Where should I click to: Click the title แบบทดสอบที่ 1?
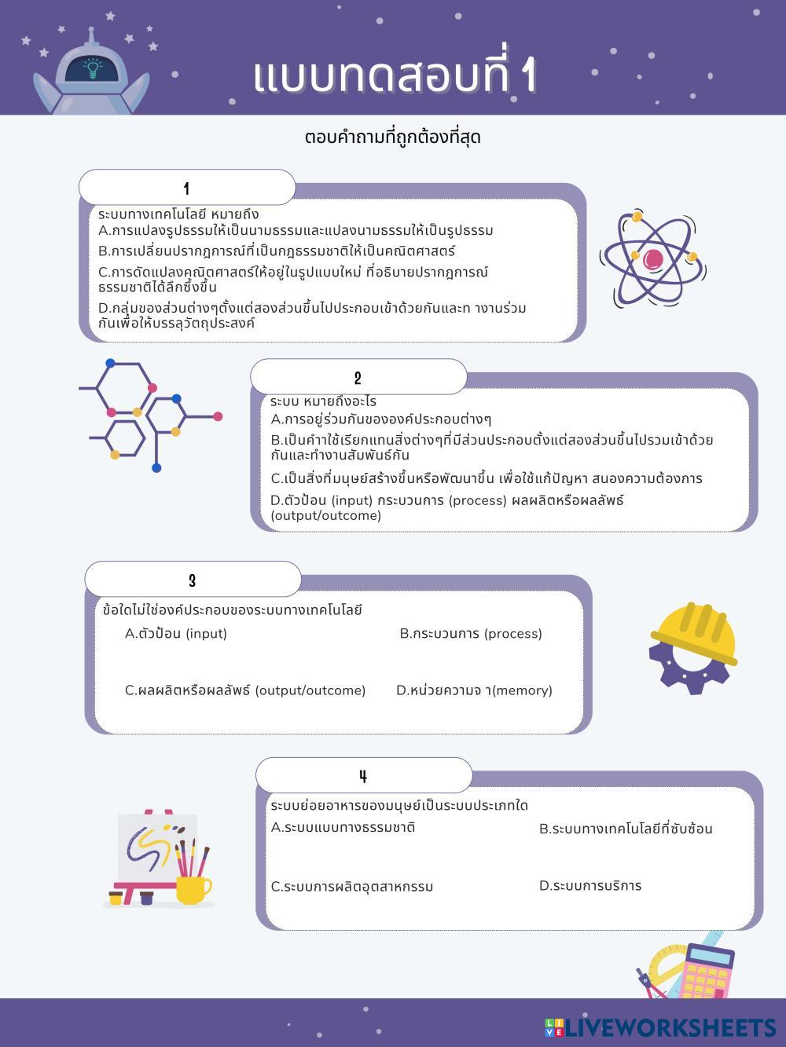pos(395,76)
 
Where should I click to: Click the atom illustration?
pos(652,258)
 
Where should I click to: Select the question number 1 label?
pos(186,189)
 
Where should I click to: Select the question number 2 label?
pos(358,378)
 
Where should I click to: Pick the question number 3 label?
pos(192,580)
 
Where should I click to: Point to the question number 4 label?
pos(363,776)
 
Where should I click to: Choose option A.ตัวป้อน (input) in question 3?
pos(176,634)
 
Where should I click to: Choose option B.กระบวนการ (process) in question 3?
pos(471,634)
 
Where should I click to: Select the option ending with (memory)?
pos(474,690)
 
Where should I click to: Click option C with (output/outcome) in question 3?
pos(245,690)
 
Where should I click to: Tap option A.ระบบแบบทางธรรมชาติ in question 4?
pos(343,827)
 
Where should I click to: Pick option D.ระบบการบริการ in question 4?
pos(590,886)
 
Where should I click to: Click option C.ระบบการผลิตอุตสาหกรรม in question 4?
pos(352,887)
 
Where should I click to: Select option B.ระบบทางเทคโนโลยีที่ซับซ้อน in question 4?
pos(626,829)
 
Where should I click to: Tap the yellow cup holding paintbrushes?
pos(192,889)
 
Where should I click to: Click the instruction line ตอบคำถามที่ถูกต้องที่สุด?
pos(392,137)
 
